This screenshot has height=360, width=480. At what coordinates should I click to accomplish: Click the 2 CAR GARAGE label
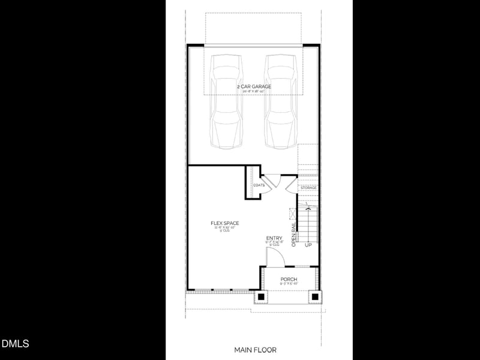254,86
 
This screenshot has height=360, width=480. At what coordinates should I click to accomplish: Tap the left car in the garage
226,102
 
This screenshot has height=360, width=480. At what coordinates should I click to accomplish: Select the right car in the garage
281,102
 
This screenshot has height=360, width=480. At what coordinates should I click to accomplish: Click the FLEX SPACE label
224,223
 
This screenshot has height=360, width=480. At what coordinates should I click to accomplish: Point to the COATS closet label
259,185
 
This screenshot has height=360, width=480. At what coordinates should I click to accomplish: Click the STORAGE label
308,188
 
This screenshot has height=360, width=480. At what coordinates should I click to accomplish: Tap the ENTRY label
274,238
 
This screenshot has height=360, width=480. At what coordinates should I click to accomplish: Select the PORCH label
289,279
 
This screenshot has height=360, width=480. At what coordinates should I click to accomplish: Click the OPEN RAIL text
294,235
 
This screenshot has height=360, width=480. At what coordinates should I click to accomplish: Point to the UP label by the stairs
308,245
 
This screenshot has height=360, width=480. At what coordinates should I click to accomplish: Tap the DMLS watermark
15,344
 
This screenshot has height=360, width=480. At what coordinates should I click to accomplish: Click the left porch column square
261,296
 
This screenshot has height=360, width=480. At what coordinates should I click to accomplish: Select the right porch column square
315,296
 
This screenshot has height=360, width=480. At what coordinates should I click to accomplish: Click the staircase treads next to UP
308,225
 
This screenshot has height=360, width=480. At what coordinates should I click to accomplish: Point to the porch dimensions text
289,284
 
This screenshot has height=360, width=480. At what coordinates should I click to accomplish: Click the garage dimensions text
254,91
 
